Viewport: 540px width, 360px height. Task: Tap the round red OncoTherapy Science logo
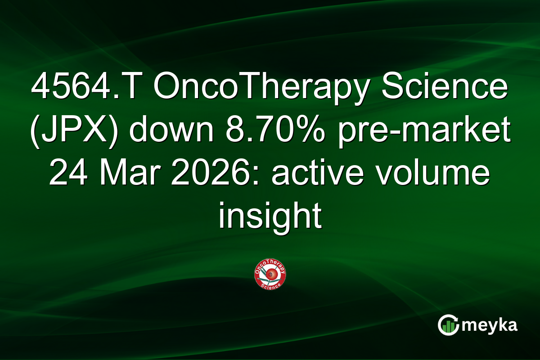pos(270,274)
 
